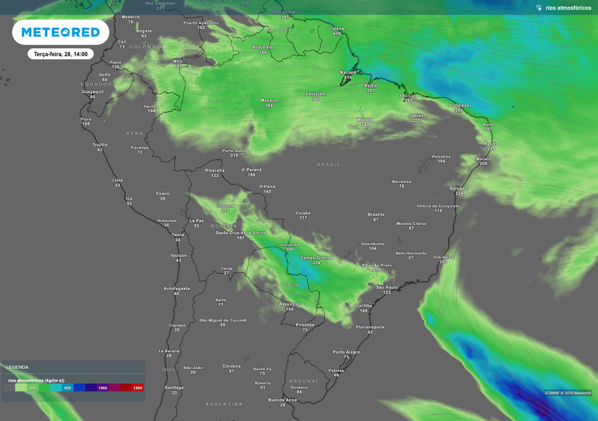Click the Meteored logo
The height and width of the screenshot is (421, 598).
tap(60, 32)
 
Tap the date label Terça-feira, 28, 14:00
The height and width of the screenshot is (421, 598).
tap(60, 54)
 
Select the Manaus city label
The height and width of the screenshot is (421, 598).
tap(269, 100)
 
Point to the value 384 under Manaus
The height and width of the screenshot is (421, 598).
tap(269, 106)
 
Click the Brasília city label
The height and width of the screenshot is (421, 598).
tap(376, 214)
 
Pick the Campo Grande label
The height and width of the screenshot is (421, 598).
tap(316, 258)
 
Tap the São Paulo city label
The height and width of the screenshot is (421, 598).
tap(387, 287)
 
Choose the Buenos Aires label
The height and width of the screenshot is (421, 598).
tap(282, 400)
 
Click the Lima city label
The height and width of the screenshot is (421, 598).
tap(117, 180)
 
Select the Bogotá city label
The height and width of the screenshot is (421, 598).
tap(144, 30)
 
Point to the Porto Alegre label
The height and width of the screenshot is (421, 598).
tap(346, 352)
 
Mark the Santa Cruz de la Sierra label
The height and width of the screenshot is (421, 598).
tap(240, 232)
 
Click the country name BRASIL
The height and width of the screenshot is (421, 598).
tap(328, 165)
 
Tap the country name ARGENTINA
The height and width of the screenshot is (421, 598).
tap(224, 404)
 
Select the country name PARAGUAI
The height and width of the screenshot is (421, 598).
tap(285, 285)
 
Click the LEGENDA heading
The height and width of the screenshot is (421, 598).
tap(17, 367)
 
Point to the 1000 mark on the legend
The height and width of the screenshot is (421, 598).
tap(102, 387)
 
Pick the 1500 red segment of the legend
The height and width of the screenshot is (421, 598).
tap(137, 387)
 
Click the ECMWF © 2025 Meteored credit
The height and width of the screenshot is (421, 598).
tap(568, 392)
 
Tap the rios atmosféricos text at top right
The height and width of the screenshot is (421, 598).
tap(568, 8)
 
